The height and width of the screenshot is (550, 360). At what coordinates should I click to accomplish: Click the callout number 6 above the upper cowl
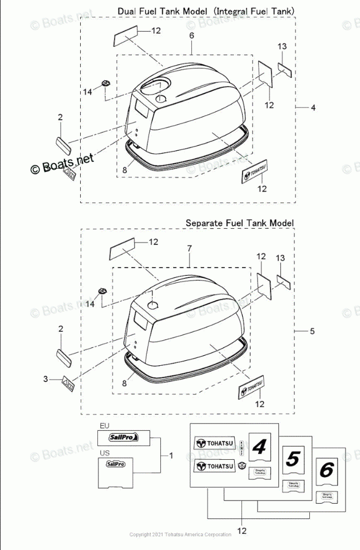point(191,36)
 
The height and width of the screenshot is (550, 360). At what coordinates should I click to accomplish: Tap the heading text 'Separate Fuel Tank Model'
point(239,223)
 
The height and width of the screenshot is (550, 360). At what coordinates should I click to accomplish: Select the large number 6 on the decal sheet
point(326,470)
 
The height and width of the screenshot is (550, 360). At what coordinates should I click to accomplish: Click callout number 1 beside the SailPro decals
point(171,455)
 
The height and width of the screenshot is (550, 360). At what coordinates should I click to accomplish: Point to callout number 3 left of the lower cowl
point(45,380)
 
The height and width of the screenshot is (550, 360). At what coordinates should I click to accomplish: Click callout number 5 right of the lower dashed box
point(312,331)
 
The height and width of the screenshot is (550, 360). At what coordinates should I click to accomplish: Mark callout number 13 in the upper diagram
point(282,46)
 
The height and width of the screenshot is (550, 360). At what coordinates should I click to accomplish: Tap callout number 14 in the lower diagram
point(90,305)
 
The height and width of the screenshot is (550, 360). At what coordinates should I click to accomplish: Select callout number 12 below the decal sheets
point(242,531)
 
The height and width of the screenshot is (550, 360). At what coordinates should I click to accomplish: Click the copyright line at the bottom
point(180,534)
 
